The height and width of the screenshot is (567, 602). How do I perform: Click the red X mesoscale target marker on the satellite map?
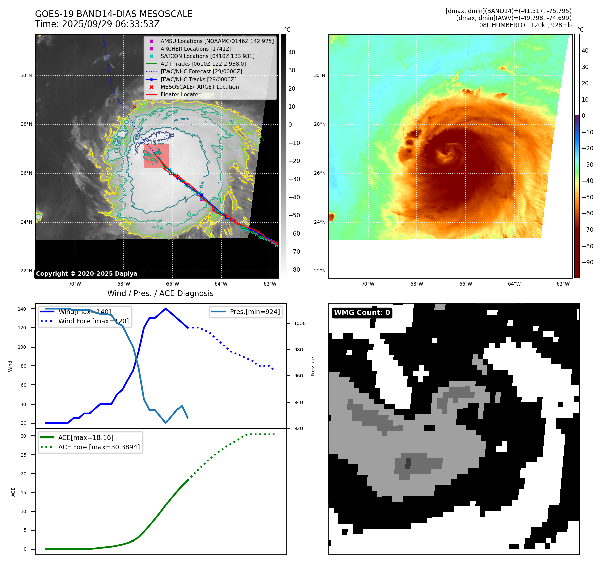point(134,107)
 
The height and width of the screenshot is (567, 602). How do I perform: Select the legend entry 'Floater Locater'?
point(180,95)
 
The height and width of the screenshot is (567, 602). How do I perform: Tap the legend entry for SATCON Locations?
point(207,56)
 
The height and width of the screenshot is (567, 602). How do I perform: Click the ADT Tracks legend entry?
point(203,64)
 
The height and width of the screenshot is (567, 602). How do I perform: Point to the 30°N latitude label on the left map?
point(26,76)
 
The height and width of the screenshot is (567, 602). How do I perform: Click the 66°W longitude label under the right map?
point(465,284)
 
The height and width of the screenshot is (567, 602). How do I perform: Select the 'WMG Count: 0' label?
point(362,313)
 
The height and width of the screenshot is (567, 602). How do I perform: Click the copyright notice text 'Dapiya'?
point(125,274)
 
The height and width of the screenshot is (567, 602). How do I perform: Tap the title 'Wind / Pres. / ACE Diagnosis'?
point(160,293)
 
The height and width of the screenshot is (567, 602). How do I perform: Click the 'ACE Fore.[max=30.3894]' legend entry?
point(99,447)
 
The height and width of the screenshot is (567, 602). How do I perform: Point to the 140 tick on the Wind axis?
point(22,309)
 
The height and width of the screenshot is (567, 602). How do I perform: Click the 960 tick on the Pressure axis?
point(298,376)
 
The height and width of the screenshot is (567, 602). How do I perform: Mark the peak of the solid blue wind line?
point(166,309)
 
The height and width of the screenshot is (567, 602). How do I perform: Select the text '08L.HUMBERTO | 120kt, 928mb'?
point(525,25)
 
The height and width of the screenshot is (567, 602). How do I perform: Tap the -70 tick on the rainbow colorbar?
point(587,230)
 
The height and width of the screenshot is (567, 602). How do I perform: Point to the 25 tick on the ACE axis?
point(24,455)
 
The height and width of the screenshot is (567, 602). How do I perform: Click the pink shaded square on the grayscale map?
point(156,156)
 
